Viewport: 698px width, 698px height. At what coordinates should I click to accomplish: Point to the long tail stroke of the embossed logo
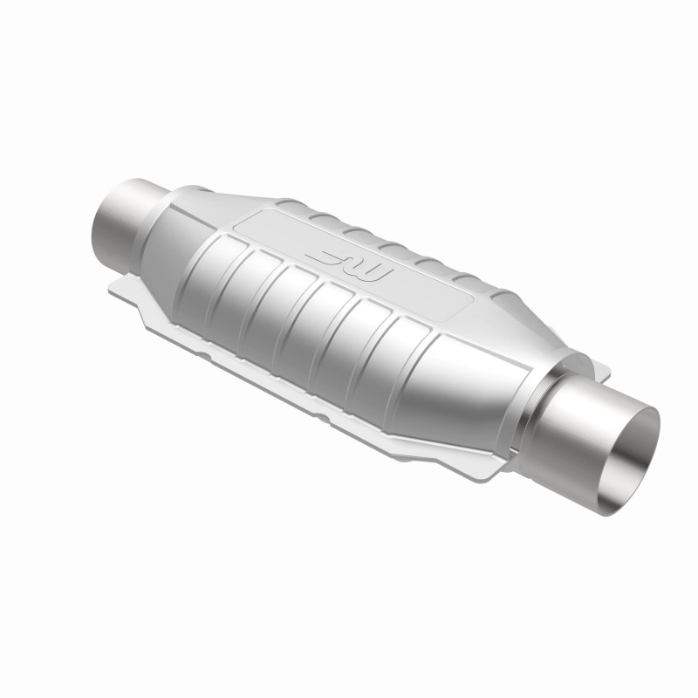[326, 255]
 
